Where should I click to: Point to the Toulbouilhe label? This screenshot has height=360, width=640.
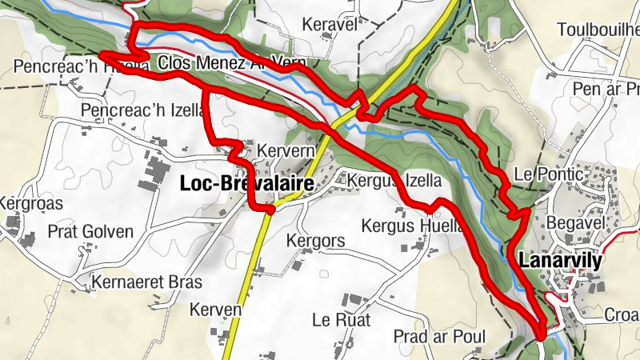click(598, 30)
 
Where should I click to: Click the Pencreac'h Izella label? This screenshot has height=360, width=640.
click(144, 110)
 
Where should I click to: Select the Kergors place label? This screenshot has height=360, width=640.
click(315, 241)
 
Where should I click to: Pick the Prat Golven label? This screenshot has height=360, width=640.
click(90, 232)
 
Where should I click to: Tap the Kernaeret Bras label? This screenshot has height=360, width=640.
click(146, 282)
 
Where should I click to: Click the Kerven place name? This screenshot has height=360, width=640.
click(216, 310)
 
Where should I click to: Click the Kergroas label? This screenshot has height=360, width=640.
click(22, 202)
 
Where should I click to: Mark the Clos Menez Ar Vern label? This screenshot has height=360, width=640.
click(221, 62)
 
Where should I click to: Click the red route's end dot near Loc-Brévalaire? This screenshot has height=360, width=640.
click(270, 210)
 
